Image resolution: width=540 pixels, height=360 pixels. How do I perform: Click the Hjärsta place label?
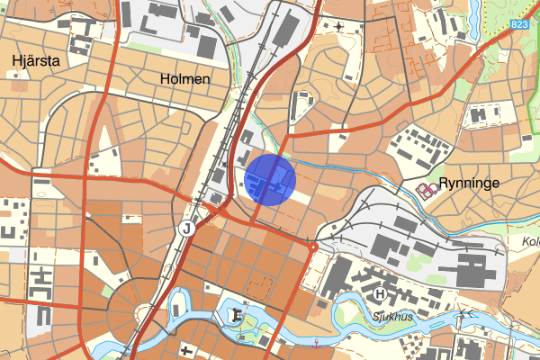(x=35, y=60)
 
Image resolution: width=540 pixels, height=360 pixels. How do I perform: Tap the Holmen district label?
(x=184, y=79)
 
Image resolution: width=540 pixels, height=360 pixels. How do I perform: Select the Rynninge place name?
(x=469, y=183)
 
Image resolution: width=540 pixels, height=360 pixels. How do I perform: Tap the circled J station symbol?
(x=186, y=228)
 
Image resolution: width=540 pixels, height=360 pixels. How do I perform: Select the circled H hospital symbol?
(x=381, y=294)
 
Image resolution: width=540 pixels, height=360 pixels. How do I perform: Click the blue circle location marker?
(x=270, y=179)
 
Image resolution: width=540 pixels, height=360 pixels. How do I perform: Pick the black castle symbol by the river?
(x=237, y=315)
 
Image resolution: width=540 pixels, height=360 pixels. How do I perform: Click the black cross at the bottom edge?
(x=187, y=350)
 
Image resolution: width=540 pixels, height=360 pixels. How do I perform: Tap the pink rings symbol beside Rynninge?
(x=426, y=188)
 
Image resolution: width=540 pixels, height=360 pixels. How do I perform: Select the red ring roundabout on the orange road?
(x=312, y=245)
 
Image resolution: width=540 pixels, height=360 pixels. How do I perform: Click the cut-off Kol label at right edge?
(x=529, y=241)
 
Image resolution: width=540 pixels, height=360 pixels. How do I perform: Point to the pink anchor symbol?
(x=317, y=342)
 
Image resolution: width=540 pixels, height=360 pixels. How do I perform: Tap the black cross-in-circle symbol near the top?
(x=338, y=27)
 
